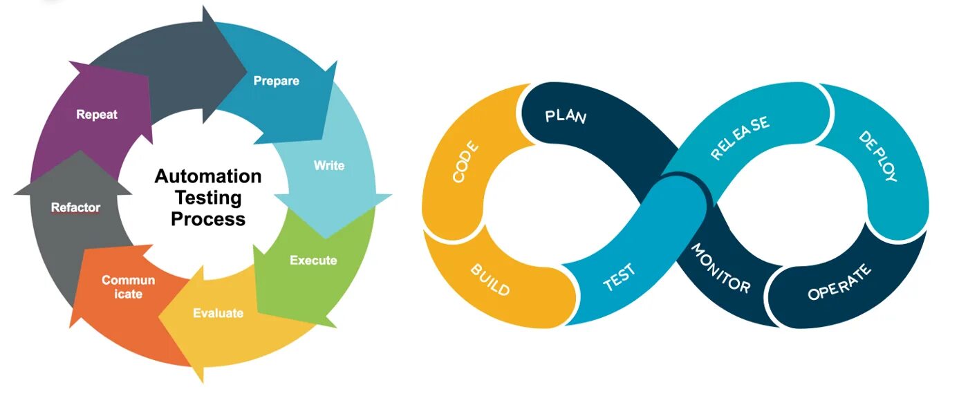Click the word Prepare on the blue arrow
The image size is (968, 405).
(x=276, y=81)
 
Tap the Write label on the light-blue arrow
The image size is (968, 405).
(x=328, y=166)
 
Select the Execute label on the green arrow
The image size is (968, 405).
(x=313, y=261)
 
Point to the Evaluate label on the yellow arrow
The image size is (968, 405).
(x=218, y=313)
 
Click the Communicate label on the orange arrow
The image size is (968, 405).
(x=128, y=287)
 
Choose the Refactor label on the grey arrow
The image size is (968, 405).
(x=75, y=207)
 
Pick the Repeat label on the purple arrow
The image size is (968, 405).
(x=97, y=115)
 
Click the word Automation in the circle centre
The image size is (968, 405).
(x=208, y=176)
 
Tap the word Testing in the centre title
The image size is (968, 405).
(x=208, y=198)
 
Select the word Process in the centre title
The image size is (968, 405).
(x=208, y=219)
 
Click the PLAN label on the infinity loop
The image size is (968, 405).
(x=566, y=116)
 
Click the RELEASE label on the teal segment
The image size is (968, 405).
(x=739, y=139)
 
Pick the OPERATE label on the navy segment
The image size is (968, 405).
(x=839, y=283)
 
